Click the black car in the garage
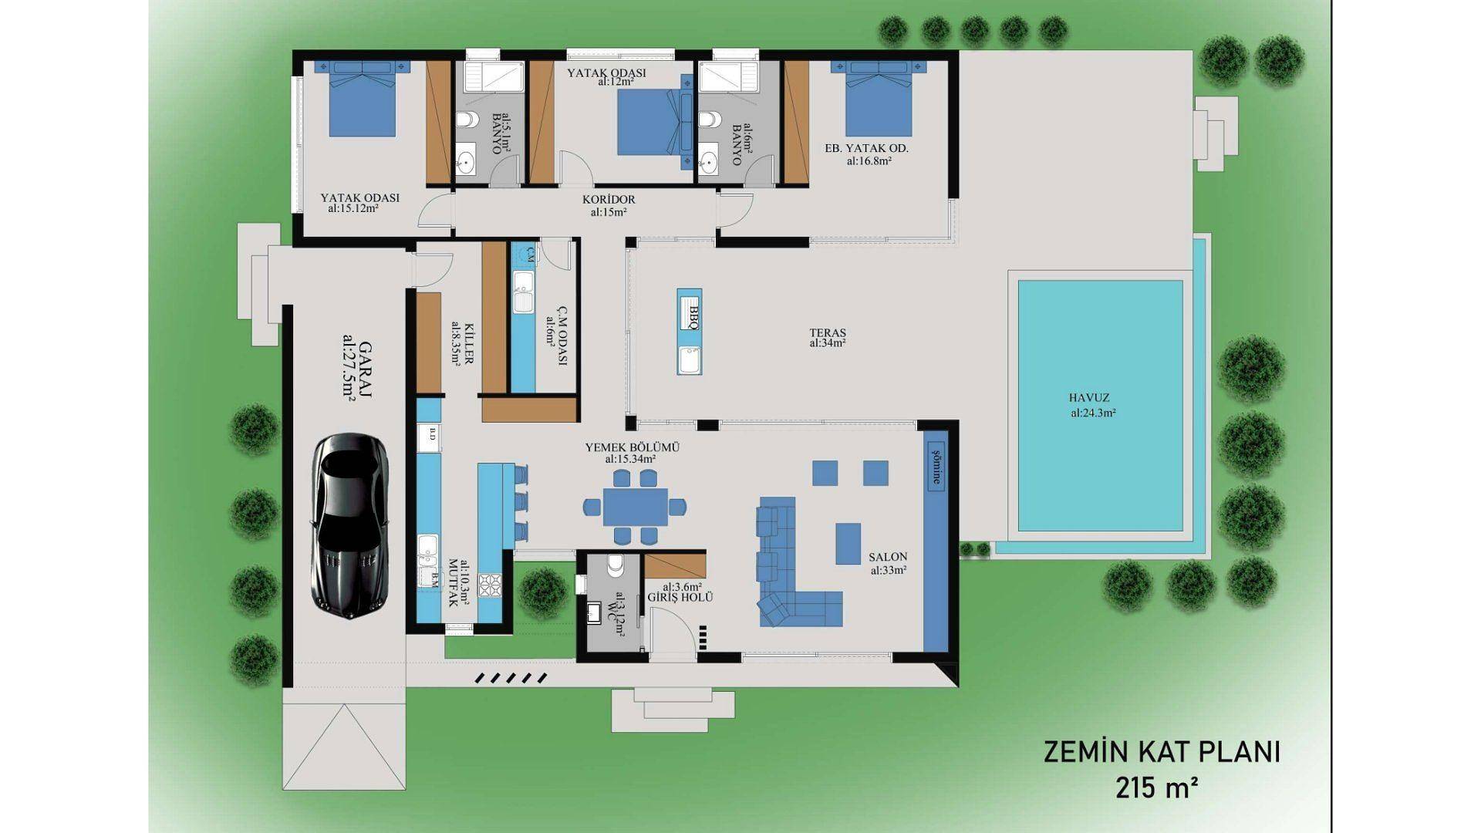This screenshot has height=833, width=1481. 350,526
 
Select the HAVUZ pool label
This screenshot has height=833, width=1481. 1089,398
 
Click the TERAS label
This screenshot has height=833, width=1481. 828,333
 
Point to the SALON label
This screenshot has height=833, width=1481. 888,557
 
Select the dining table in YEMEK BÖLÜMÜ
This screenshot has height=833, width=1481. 635,507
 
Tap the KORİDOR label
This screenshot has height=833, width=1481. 609,199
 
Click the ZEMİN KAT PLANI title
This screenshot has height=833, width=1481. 1162,752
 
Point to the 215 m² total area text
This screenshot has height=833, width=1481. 1157,788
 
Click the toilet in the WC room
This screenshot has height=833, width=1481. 616,566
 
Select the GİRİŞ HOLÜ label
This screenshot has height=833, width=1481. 680,598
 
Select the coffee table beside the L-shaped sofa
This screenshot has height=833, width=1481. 848,544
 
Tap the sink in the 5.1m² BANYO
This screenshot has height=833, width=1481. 465,163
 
